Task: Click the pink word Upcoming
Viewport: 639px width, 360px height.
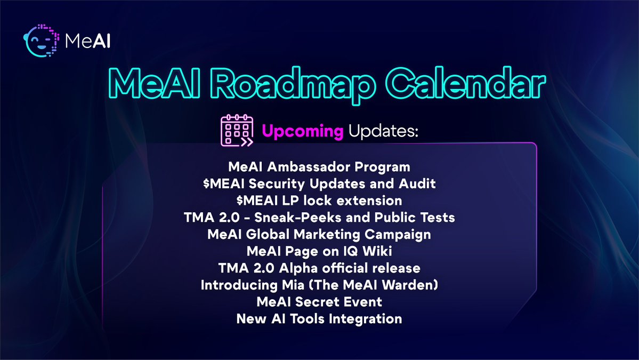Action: [302, 131]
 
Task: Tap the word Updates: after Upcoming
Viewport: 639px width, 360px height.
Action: [383, 131]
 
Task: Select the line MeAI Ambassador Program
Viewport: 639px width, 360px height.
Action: [319, 166]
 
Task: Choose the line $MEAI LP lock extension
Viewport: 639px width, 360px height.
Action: [319, 201]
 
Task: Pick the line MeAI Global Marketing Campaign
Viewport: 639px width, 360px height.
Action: [319, 234]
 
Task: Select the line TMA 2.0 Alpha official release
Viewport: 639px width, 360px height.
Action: [319, 268]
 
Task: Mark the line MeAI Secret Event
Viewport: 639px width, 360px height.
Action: [319, 302]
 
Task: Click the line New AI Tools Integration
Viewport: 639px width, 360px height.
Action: [319, 319]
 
